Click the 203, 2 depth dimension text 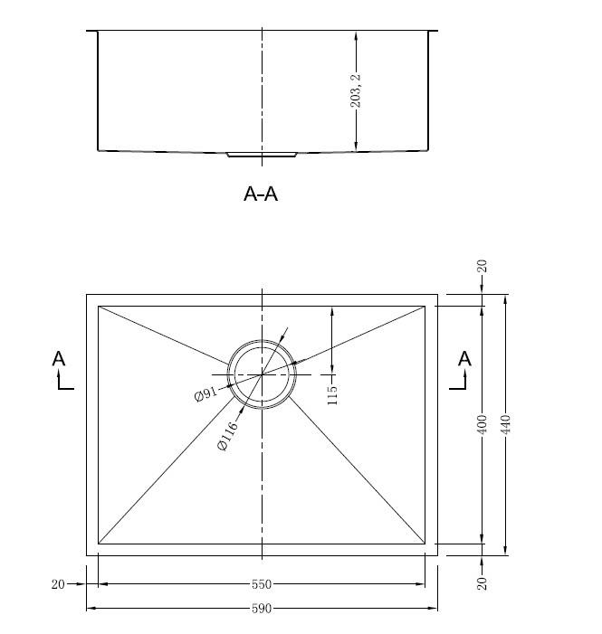click(x=356, y=91)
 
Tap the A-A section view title click(x=261, y=194)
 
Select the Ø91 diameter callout click(x=205, y=394)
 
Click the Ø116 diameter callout click(x=227, y=436)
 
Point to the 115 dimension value click(x=331, y=395)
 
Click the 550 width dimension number click(x=262, y=584)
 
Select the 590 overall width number click(x=262, y=608)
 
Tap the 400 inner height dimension click(x=482, y=424)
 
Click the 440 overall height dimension click(x=506, y=424)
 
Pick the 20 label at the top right click(x=482, y=266)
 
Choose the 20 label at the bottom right click(x=482, y=583)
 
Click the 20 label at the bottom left click(x=58, y=584)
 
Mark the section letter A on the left click(x=58, y=359)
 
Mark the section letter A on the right click(x=464, y=359)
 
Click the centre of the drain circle click(x=262, y=374)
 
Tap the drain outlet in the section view click(x=262, y=155)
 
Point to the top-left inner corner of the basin click(x=99, y=306)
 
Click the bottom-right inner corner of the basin click(x=425, y=544)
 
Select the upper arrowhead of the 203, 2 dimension click(x=356, y=35)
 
